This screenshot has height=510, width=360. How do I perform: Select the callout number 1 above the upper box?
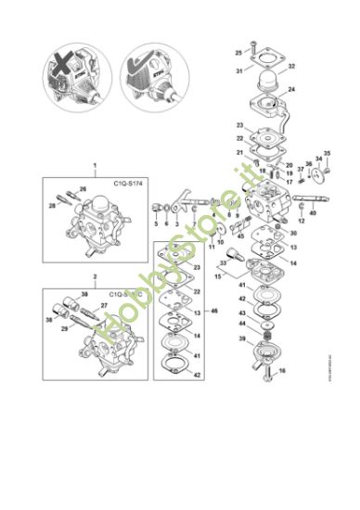click(x=94, y=165)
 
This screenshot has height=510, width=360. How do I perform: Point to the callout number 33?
click(x=223, y=263)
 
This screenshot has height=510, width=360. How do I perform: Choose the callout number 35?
click(x=327, y=153)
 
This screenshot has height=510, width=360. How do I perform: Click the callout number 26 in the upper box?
click(x=84, y=189)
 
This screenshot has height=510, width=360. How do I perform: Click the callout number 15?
click(x=218, y=276)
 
